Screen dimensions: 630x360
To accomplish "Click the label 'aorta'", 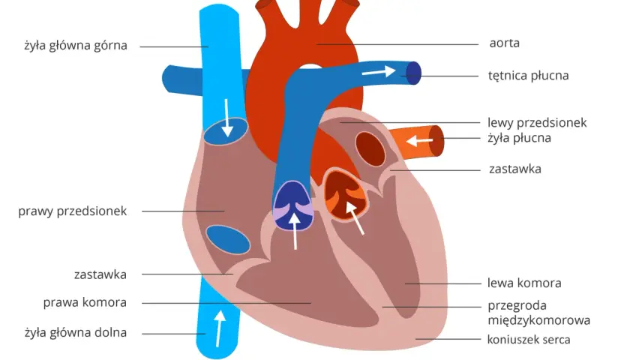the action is [x=504, y=43].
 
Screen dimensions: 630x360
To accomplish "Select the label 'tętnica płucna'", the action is [x=528, y=76].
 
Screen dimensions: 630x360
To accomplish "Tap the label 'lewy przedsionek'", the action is [x=537, y=122].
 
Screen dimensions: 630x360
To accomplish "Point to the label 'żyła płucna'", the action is [x=519, y=138].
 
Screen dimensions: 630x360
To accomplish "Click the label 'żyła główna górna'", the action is [x=76, y=46].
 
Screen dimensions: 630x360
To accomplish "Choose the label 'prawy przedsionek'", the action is [x=72, y=211].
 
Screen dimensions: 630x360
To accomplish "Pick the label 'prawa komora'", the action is [x=85, y=302].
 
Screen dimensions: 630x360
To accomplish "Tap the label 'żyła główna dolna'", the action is [x=76, y=333].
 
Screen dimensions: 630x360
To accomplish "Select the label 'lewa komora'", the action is [x=524, y=283].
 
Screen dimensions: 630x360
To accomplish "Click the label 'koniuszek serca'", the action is [x=529, y=340].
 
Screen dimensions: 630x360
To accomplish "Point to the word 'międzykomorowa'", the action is [x=538, y=321].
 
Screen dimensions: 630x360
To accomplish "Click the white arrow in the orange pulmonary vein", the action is [x=419, y=141].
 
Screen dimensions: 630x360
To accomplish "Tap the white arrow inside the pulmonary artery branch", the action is [x=379, y=72].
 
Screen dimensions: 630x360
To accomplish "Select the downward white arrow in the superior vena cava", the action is [x=227, y=118].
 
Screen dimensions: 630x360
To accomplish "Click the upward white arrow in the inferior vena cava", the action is [x=219, y=328].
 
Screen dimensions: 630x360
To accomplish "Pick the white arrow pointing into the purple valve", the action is [x=295, y=231].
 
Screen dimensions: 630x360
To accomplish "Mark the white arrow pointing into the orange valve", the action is [x=355, y=217].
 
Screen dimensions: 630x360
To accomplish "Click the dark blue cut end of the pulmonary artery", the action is [x=413, y=73].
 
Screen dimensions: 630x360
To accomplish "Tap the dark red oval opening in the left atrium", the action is [x=370, y=149].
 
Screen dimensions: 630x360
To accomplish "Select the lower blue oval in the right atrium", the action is [x=228, y=240].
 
